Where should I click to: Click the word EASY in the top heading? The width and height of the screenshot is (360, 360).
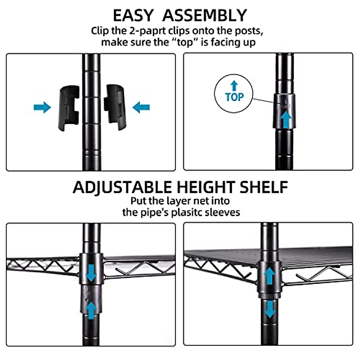(133, 15)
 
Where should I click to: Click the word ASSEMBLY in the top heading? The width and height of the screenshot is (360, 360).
(205, 15)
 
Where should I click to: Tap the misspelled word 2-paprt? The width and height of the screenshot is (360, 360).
(148, 31)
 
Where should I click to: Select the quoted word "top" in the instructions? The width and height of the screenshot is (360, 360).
(185, 42)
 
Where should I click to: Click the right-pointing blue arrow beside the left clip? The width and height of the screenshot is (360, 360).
(42, 107)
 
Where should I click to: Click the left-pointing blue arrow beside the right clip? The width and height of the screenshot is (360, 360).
(141, 107)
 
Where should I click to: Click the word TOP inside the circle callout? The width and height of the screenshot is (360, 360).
(234, 97)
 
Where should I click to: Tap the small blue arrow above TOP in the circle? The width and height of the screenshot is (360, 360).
(234, 86)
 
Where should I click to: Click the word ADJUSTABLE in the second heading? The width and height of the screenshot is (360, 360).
(123, 187)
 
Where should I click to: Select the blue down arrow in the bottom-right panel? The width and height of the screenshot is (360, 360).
(270, 309)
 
